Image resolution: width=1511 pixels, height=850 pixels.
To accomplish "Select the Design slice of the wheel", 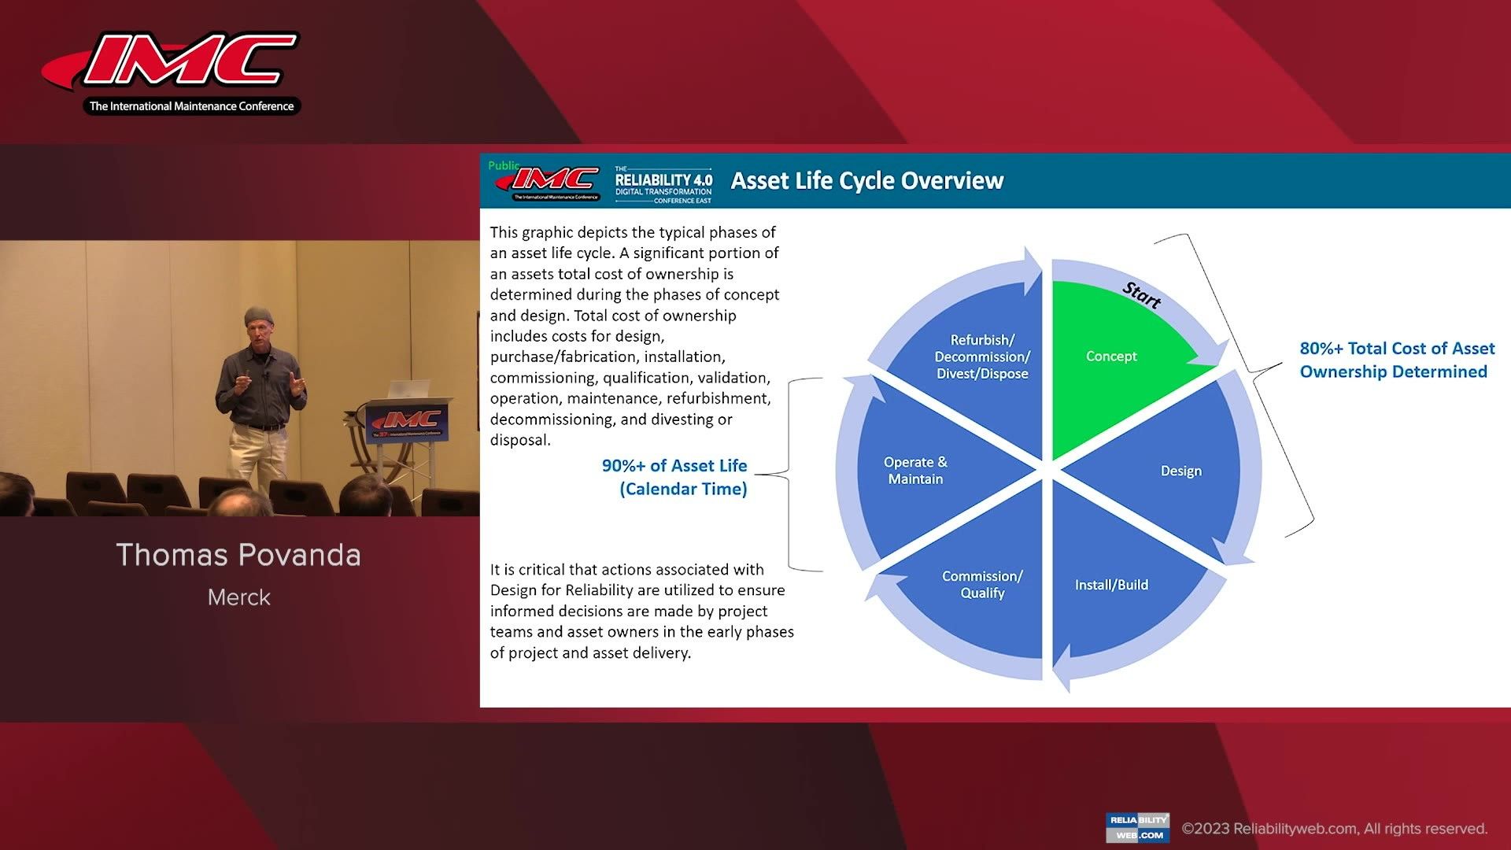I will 1173,472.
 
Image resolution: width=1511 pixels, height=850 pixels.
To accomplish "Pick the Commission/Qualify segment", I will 981,585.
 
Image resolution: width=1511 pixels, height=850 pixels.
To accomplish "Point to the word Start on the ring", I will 1141,295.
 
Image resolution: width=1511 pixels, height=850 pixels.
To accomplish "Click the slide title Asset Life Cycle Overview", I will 866,181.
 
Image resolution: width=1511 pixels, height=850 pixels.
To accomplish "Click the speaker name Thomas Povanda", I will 238,555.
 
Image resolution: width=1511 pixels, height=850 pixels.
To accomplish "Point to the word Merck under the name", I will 238,597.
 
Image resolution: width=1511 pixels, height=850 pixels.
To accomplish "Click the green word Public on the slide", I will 502,165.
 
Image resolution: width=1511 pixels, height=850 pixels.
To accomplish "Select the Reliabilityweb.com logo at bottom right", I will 1137,827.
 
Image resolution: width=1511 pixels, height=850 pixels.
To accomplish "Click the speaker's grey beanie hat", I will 258,315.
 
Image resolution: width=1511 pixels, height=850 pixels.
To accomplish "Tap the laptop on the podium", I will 409,389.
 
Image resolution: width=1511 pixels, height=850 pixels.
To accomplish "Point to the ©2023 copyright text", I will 1334,829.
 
